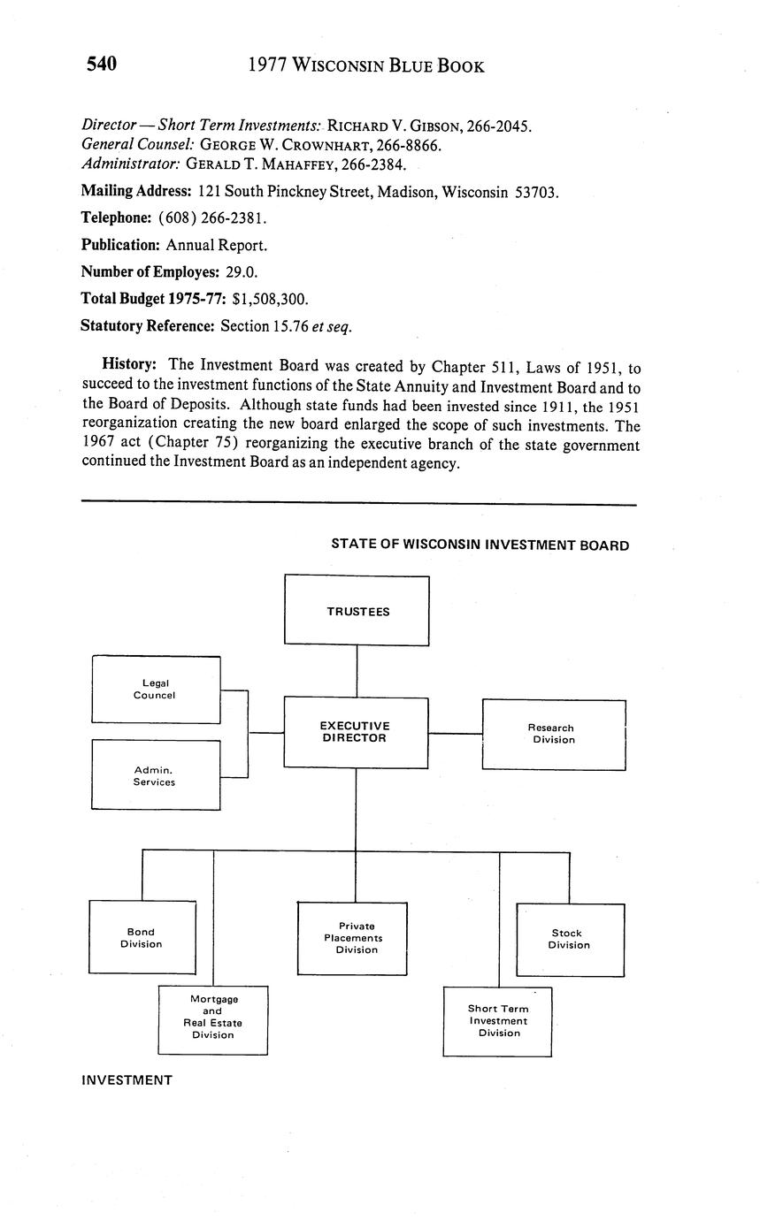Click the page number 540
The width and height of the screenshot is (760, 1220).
tap(102, 64)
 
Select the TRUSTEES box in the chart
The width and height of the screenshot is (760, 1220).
tap(357, 611)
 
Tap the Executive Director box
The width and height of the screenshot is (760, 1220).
tap(355, 732)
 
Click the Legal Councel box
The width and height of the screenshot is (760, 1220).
tap(155, 690)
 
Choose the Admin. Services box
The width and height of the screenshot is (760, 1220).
tap(155, 775)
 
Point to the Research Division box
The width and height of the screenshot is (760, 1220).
tap(553, 734)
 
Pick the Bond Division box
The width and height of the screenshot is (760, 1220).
tap(142, 937)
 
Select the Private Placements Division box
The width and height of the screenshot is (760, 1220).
tap(352, 938)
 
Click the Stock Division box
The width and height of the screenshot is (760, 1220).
tap(569, 939)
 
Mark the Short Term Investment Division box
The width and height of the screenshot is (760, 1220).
tap(497, 1021)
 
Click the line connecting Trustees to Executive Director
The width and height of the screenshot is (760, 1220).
tap(357, 671)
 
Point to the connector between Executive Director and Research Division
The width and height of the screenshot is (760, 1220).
tap(455, 733)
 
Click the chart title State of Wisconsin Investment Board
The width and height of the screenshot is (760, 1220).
tap(480, 545)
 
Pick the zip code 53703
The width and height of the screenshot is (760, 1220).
tap(535, 193)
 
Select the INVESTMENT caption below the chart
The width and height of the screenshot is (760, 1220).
tap(127, 1079)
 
